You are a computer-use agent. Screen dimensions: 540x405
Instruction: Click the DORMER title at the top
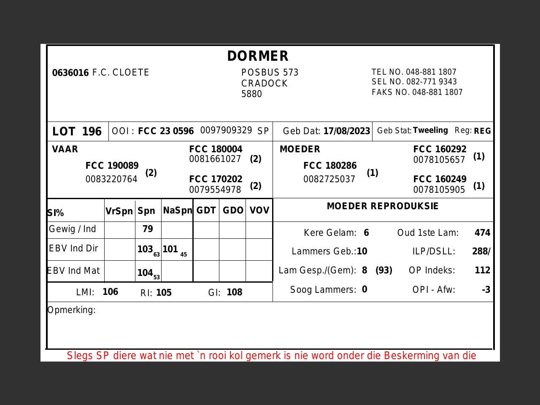(258, 56)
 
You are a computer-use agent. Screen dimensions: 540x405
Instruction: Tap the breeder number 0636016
(70, 73)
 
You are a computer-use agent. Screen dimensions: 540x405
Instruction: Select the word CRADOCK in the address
(265, 84)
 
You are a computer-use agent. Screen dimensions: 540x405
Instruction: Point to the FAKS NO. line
(417, 92)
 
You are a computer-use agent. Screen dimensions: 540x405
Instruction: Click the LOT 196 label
(77, 132)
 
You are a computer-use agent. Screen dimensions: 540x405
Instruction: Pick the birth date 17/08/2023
(346, 131)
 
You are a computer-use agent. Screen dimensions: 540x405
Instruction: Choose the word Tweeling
(430, 130)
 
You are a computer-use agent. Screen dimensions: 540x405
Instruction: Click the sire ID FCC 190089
(112, 166)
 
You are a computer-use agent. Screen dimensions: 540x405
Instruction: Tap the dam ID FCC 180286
(330, 166)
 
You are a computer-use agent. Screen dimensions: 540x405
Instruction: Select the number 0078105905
(439, 190)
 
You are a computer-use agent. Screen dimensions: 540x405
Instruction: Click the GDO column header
(233, 211)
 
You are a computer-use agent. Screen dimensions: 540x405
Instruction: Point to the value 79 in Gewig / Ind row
(148, 229)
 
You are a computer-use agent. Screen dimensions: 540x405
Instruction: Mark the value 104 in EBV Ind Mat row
(145, 273)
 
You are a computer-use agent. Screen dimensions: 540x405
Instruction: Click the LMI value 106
(110, 292)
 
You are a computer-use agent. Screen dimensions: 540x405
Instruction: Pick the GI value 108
(234, 292)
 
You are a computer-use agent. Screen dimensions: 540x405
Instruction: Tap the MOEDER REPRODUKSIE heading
(383, 206)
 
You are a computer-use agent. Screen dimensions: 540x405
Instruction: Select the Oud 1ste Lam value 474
(482, 233)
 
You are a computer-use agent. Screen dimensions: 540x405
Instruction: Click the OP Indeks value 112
(482, 270)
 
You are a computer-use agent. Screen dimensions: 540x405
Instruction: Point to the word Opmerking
(71, 310)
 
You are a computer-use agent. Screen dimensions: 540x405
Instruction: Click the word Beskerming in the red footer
(411, 356)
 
